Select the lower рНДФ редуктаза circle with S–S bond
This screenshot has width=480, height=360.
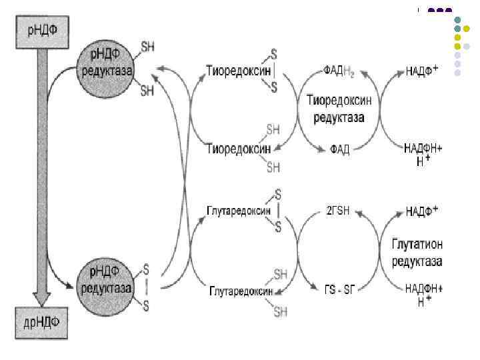pyautogui.click(x=107, y=281)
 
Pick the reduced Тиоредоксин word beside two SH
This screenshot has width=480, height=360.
pyautogui.click(x=235, y=147)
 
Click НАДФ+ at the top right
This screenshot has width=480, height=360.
pyautogui.click(x=421, y=71)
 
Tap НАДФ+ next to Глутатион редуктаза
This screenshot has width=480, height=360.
pyautogui.click(x=421, y=211)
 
